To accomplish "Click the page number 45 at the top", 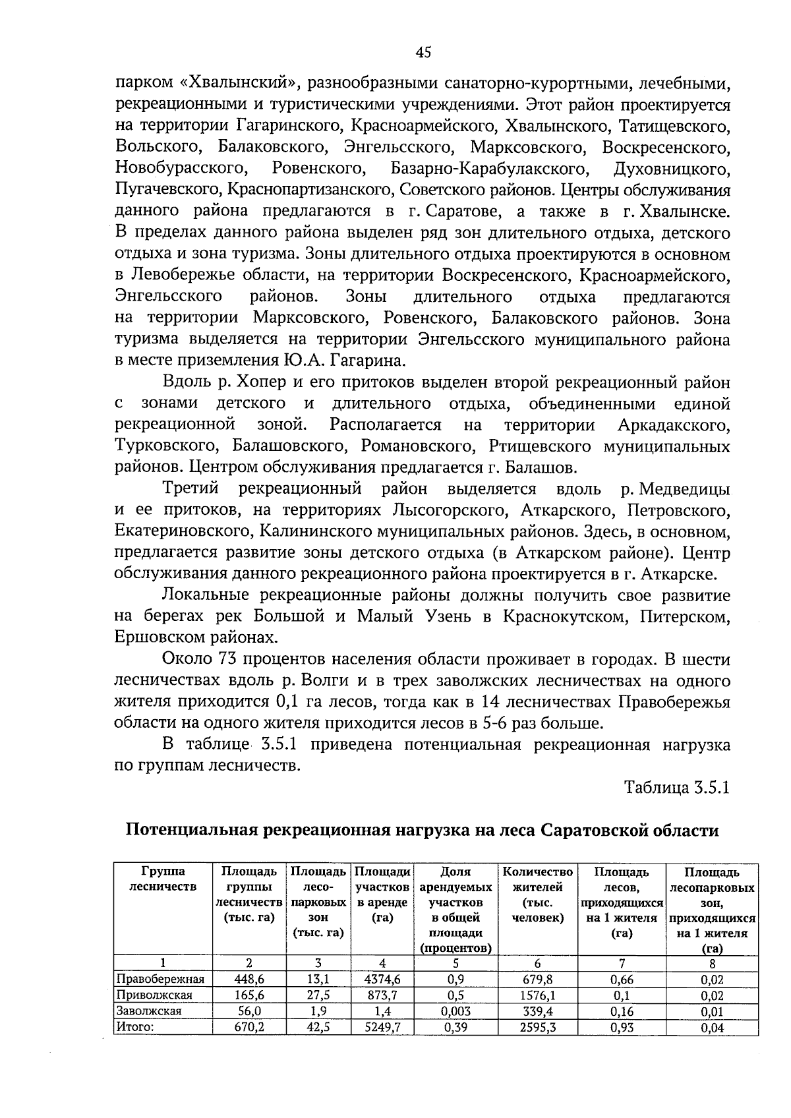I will coord(423,52).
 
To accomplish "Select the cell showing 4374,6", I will coord(382,979).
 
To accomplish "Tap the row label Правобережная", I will coord(160,979).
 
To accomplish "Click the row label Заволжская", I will coord(148,1011).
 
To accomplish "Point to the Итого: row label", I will coord(134,1026).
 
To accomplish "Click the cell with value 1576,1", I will coord(537,995).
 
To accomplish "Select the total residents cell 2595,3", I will coord(537,1026).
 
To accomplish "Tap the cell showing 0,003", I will coord(455,1011).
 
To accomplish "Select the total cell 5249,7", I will coord(382,1026).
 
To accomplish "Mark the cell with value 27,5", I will coord(318,995).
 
